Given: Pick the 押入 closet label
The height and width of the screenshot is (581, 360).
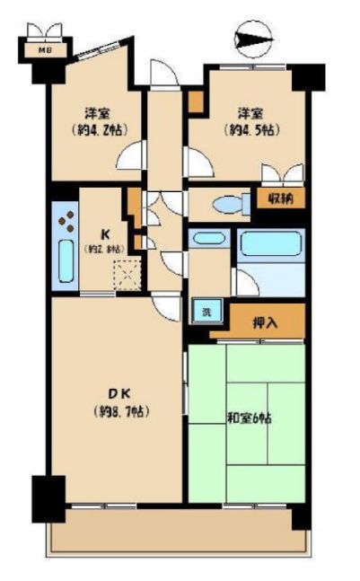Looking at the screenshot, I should tap(265, 321).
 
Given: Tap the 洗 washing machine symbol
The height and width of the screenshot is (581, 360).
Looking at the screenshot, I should tap(206, 313).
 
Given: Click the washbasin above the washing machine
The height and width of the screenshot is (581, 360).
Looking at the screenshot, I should tap(208, 240).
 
